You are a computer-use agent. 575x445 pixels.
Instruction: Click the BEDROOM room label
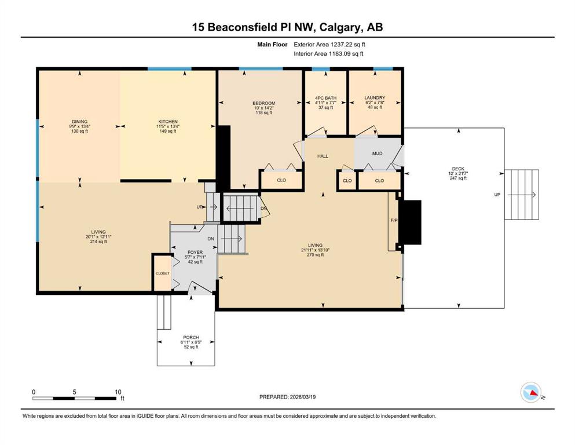click(x=263, y=104)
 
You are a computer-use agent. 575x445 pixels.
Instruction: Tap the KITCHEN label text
click(x=168, y=122)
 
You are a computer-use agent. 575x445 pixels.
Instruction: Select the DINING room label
click(x=79, y=122)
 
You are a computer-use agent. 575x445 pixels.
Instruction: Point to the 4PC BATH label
click(x=325, y=98)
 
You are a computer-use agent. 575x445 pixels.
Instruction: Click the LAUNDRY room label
click(x=375, y=97)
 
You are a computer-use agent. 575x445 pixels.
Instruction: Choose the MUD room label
click(x=378, y=154)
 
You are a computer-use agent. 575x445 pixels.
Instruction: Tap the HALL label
click(x=323, y=156)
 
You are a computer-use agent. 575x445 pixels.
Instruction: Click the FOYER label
click(x=195, y=253)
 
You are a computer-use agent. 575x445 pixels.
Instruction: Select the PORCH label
click(x=191, y=337)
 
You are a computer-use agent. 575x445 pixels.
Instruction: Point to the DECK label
click(x=458, y=169)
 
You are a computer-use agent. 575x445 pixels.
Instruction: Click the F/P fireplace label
click(x=394, y=220)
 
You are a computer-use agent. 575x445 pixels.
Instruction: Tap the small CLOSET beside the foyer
click(x=163, y=273)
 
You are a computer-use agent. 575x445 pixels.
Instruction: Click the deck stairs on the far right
click(x=522, y=195)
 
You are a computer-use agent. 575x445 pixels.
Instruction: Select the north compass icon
click(x=531, y=392)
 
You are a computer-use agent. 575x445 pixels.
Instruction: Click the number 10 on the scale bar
click(x=118, y=392)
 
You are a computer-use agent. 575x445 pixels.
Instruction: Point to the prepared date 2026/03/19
click(x=302, y=397)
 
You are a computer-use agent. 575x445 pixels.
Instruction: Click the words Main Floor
click(x=272, y=45)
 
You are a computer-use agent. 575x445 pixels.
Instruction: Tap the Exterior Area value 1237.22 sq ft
click(x=348, y=45)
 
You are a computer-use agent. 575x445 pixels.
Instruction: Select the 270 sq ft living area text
click(x=316, y=254)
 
